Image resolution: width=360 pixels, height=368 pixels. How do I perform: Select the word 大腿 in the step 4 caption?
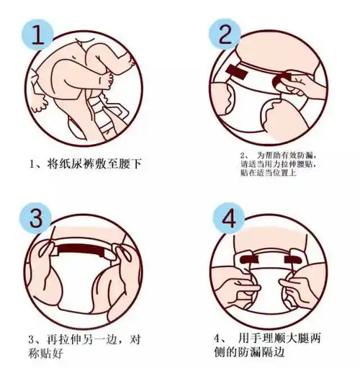pos(305,338)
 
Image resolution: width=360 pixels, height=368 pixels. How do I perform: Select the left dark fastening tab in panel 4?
pos(251,256)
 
